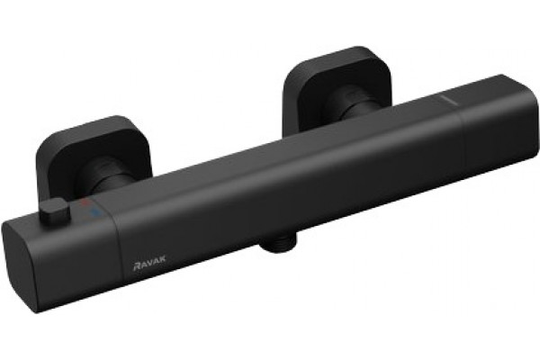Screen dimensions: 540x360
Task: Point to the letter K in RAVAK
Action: pyautogui.click(x=162, y=258)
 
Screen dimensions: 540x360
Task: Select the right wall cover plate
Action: pyautogui.click(x=337, y=86)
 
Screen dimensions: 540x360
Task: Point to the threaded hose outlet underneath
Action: pyautogui.click(x=278, y=242)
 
